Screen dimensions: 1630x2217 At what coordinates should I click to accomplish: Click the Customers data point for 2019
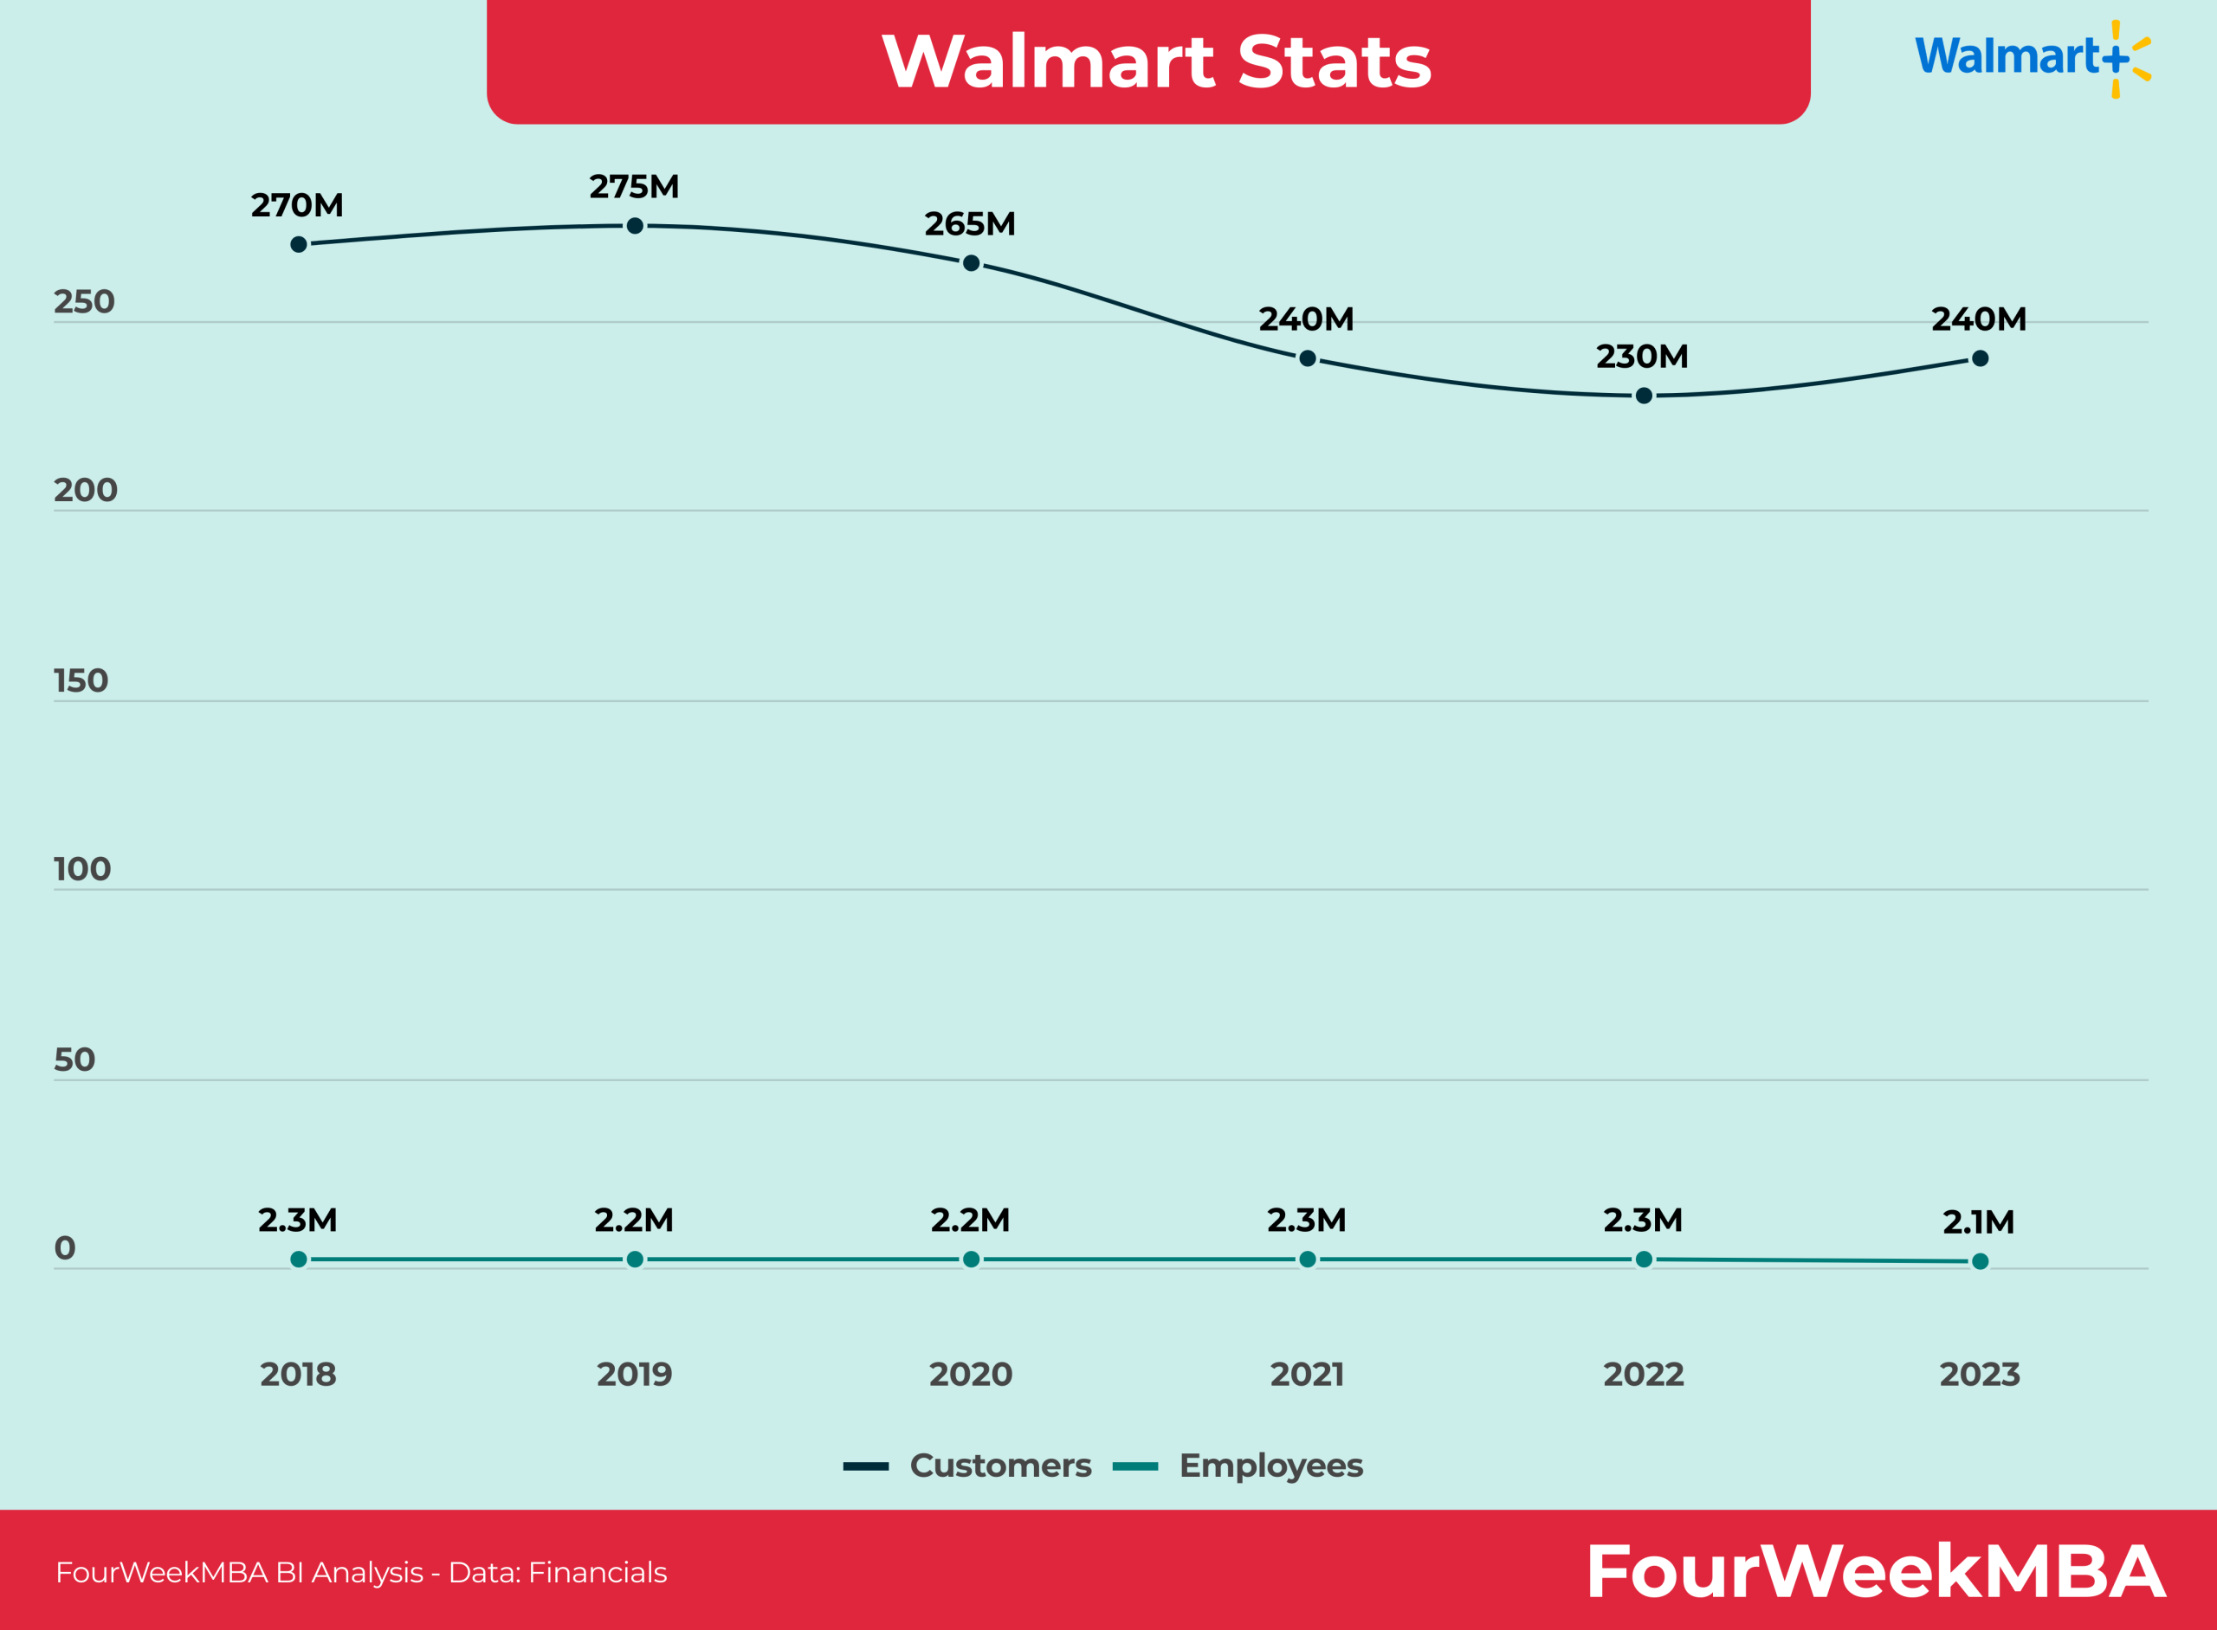coord(635,226)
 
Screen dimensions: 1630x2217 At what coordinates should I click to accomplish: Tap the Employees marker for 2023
coord(1979,1261)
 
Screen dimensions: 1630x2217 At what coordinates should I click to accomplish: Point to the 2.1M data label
coord(1978,1222)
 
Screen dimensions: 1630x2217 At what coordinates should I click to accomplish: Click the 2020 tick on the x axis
coord(970,1375)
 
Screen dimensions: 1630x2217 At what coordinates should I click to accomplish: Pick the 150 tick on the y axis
coord(81,680)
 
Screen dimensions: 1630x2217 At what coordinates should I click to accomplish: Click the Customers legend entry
coord(967,1466)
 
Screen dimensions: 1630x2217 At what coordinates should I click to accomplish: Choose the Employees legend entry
coord(1238,1466)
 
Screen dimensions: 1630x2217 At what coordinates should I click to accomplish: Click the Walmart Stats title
coord(1156,61)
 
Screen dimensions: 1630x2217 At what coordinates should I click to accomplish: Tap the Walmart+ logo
coord(2032,57)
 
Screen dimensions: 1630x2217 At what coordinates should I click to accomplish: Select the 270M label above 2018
coord(297,205)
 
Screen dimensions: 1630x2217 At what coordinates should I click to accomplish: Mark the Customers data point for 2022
coord(1644,396)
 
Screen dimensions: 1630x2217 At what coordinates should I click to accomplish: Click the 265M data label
coord(969,224)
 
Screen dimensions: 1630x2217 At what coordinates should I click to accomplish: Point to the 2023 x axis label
coord(1979,1375)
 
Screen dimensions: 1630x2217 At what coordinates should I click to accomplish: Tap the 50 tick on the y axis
coord(74,1060)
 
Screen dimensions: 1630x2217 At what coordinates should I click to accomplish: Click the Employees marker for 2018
coord(299,1259)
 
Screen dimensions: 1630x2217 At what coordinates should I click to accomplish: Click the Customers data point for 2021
coord(1307,358)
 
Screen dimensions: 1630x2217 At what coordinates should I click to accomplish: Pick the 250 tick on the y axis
coord(84,302)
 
